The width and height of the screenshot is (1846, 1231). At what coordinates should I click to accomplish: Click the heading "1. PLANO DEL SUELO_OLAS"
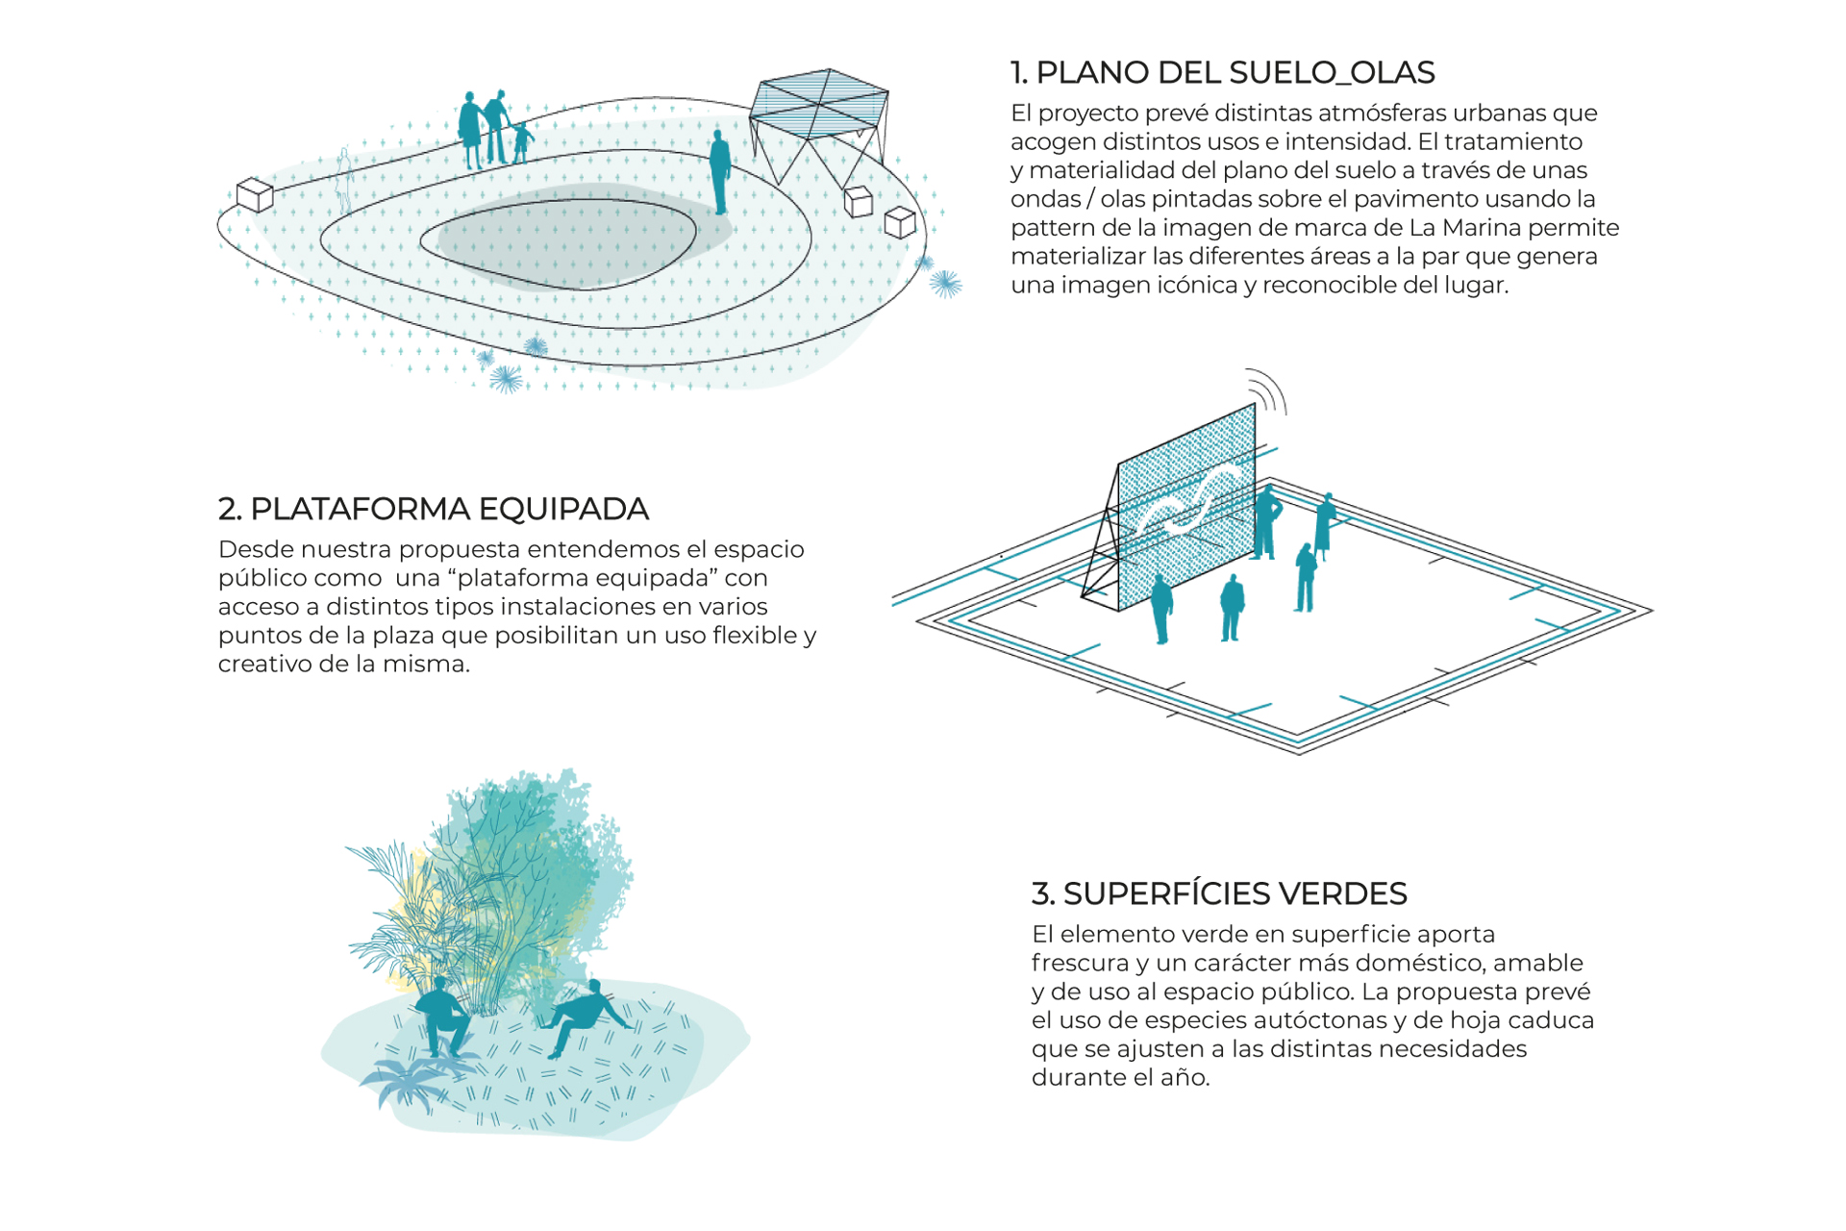click(1222, 72)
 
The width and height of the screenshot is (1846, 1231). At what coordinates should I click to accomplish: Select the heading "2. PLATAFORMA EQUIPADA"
click(434, 509)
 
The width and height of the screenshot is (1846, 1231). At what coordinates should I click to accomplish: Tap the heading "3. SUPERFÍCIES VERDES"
click(1219, 893)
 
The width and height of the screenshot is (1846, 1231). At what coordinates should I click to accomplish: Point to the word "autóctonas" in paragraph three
click(1324, 1020)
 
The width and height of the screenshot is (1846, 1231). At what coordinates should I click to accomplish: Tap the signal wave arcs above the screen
click(1268, 390)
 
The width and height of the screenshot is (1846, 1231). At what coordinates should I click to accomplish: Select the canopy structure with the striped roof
click(818, 126)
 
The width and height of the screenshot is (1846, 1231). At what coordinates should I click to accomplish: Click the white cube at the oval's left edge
click(255, 194)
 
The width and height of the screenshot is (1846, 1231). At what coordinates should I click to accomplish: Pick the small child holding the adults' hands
click(522, 142)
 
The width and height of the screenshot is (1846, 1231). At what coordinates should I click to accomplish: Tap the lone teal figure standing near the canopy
click(719, 171)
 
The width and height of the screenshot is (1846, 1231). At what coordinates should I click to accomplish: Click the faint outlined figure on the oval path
click(344, 181)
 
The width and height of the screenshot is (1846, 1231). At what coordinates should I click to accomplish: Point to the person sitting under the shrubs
click(442, 1017)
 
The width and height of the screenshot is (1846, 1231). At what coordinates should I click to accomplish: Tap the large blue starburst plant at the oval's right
click(945, 283)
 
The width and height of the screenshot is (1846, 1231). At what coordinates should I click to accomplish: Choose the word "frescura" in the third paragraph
click(1077, 963)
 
